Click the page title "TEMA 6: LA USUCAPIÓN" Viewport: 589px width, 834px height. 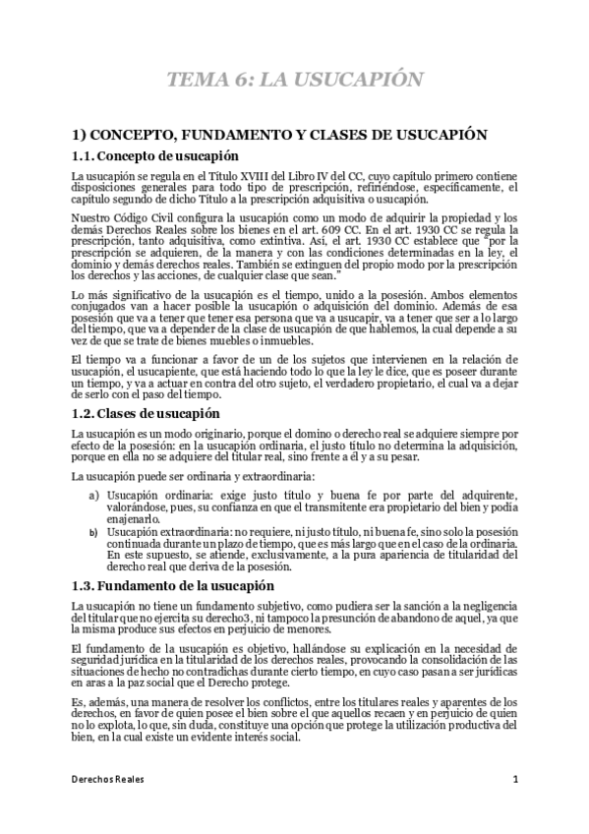294,80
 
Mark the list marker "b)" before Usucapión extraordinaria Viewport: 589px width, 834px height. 93,532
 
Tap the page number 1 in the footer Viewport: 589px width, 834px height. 515,779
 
